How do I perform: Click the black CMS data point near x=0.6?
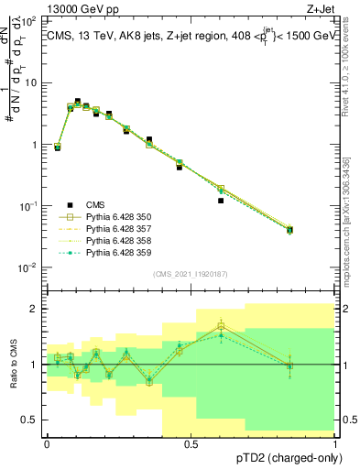click(x=221, y=201)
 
